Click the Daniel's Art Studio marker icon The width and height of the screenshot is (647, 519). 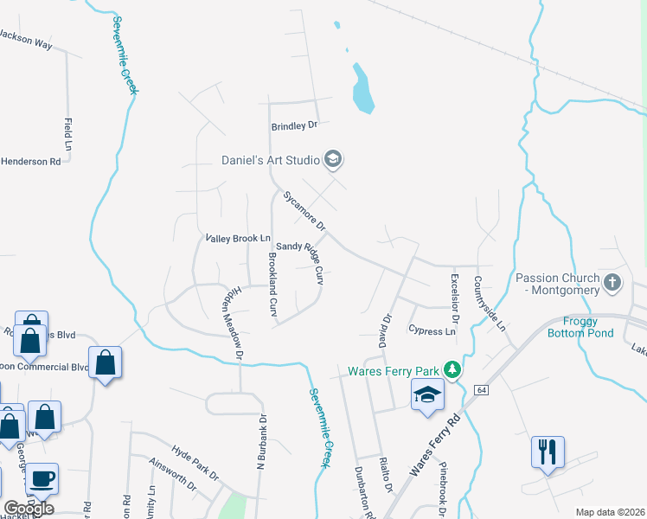click(333, 159)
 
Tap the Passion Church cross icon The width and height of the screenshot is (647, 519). click(612, 283)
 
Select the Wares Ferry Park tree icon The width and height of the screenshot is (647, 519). click(451, 370)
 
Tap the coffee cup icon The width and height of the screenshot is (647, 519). click(42, 479)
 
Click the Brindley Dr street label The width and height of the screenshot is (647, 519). click(295, 126)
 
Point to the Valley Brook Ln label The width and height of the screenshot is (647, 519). click(238, 238)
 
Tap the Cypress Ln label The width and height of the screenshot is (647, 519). click(432, 331)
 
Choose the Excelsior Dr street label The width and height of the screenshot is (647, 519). click(454, 299)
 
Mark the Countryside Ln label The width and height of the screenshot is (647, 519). click(489, 304)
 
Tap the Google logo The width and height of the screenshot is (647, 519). click(29, 508)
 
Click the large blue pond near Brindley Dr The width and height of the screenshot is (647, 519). click(362, 89)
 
